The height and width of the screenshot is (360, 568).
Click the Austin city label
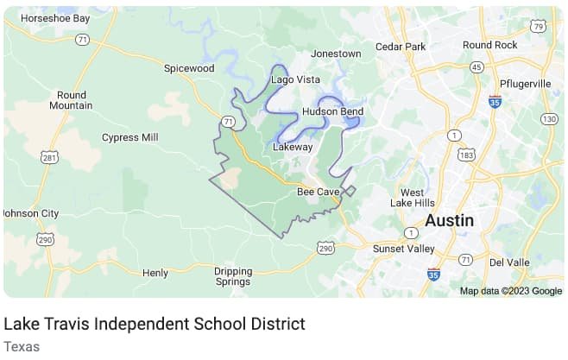(x=450, y=220)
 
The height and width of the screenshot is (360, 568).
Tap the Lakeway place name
(x=293, y=148)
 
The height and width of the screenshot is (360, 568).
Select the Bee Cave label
(x=319, y=191)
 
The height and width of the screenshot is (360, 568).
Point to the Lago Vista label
(x=296, y=79)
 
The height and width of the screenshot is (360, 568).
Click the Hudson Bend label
(x=332, y=111)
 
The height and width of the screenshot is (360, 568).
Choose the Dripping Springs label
(x=232, y=276)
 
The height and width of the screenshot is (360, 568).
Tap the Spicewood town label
(x=189, y=67)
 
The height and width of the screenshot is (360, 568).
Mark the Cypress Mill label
(x=130, y=137)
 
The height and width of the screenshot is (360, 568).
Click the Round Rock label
(x=489, y=45)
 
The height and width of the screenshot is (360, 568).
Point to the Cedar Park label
(x=401, y=46)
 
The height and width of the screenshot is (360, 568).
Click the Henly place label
(x=155, y=273)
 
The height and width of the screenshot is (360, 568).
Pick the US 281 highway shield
(x=49, y=157)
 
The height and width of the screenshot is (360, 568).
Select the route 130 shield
(x=548, y=118)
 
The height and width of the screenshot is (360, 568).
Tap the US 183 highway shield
(x=467, y=155)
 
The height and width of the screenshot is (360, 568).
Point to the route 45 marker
(x=476, y=66)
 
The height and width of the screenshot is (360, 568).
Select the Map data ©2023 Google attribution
(x=510, y=291)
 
